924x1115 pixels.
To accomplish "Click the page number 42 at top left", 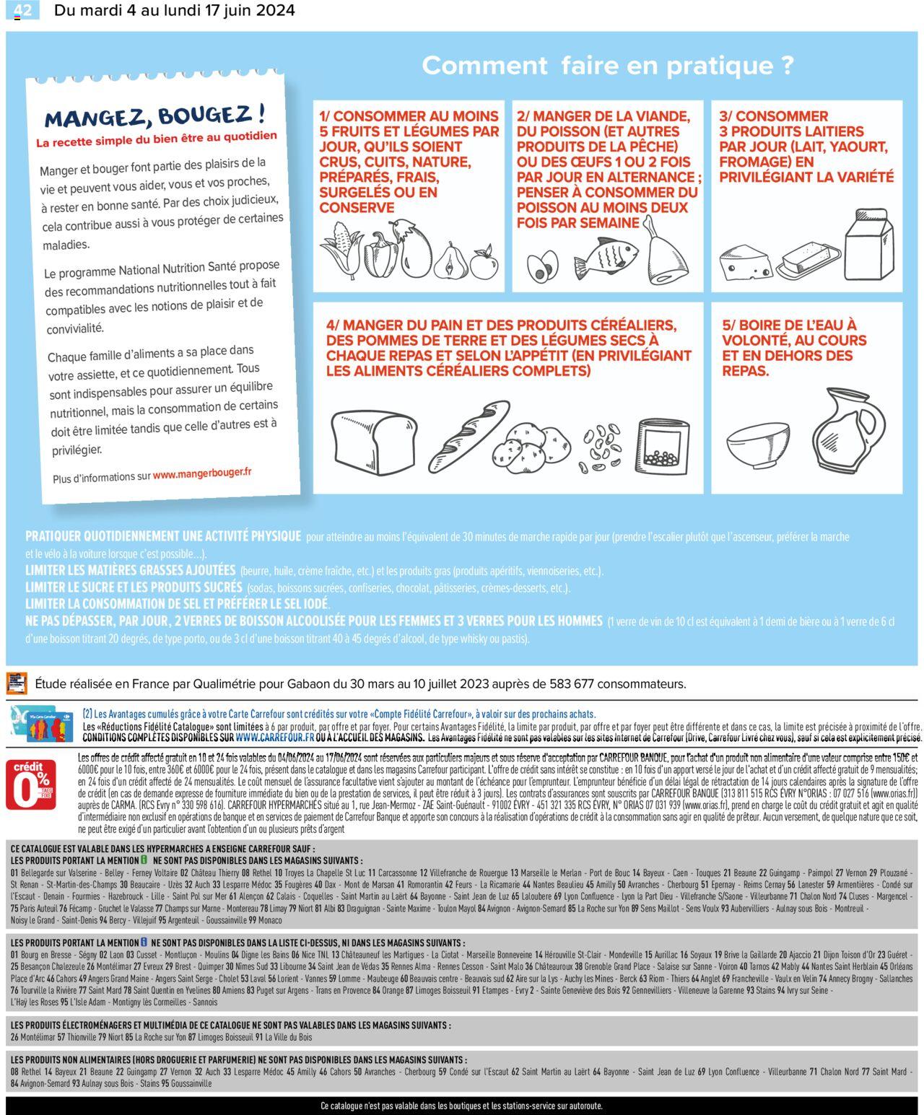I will (x=22, y=10).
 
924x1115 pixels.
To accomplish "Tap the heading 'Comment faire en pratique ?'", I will (x=607, y=66).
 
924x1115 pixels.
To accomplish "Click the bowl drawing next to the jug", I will (x=757, y=445).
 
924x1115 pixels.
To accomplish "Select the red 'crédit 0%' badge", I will (x=31, y=784).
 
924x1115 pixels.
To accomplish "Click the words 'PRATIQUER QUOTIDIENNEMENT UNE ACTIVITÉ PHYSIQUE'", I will (x=163, y=536).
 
